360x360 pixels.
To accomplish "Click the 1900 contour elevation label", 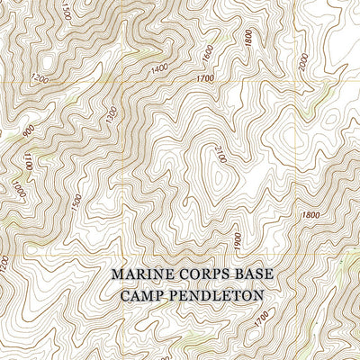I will [x=238, y=238].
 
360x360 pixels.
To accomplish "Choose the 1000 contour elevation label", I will [x=18, y=192].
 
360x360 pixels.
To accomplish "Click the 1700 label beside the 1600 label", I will [x=205, y=78].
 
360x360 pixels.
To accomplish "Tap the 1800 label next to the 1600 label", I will [x=247, y=40].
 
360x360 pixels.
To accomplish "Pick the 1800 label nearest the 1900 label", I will [x=311, y=215].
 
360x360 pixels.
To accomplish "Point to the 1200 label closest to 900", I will [x=38, y=79].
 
